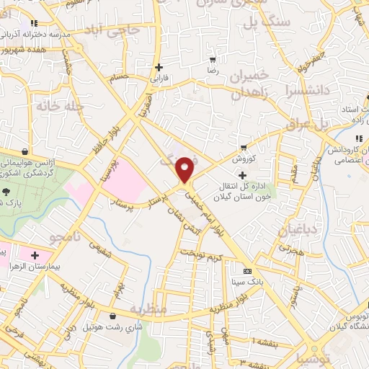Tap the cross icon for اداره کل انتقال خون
(243, 175)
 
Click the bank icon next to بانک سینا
(248, 271)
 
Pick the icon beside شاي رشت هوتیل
(111, 315)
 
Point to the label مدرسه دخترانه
(36, 35)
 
